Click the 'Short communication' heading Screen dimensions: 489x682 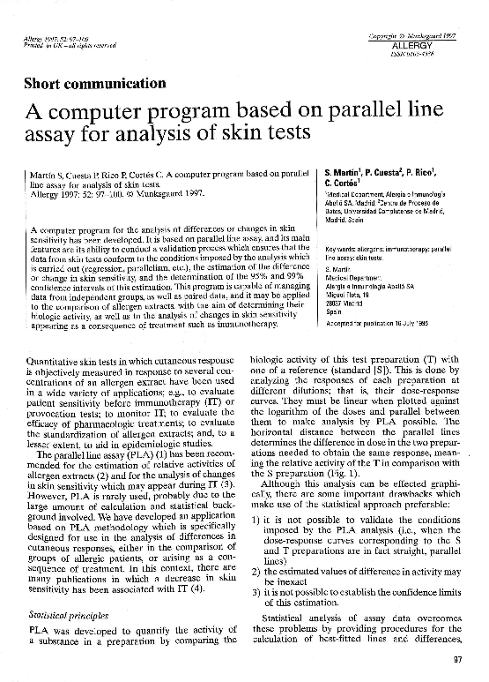click(96, 85)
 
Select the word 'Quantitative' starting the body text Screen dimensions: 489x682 click(54, 336)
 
